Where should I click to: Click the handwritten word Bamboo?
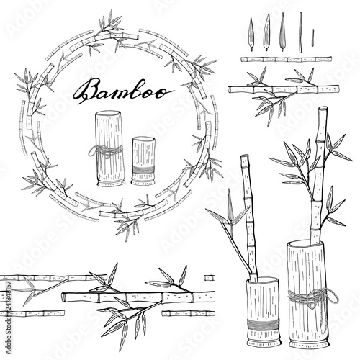click(122, 91)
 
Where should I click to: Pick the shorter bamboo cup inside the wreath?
click(143, 161)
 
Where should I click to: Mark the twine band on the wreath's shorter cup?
click(143, 170)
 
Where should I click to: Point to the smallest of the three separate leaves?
click(251, 34)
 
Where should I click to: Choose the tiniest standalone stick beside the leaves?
click(312, 38)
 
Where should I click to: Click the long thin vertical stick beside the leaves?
click(300, 32)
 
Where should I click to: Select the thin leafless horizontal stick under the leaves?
click(287, 59)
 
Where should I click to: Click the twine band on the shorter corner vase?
click(263, 325)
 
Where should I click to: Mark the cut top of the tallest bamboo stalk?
click(323, 109)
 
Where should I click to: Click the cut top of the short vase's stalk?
click(244, 156)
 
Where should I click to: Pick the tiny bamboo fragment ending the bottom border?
click(209, 278)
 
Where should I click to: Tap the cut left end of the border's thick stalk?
click(64, 297)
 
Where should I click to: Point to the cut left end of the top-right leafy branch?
click(230, 90)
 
